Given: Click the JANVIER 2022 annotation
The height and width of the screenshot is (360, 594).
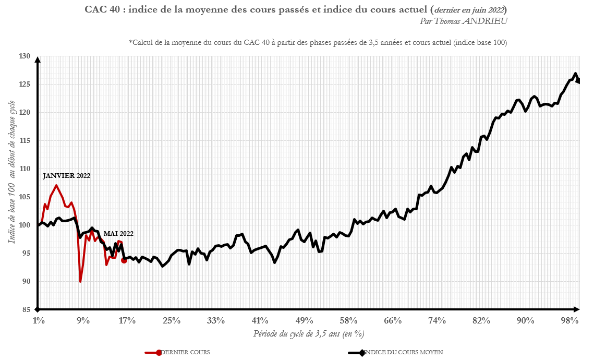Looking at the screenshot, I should point(67,176).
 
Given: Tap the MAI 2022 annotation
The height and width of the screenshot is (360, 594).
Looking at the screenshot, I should point(118,234).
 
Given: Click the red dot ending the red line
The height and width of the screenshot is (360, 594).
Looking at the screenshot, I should point(124,260).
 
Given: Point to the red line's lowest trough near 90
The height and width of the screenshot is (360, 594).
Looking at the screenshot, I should point(80,282).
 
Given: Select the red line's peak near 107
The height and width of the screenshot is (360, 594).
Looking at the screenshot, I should point(56,185).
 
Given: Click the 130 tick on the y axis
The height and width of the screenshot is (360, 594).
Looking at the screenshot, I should point(26,56).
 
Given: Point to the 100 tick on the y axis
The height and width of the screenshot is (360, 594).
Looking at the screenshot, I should point(26,225).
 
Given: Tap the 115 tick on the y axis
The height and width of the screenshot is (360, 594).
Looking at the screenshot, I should point(26,141).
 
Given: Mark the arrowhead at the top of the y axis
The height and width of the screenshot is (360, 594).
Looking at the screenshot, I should point(38,59).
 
